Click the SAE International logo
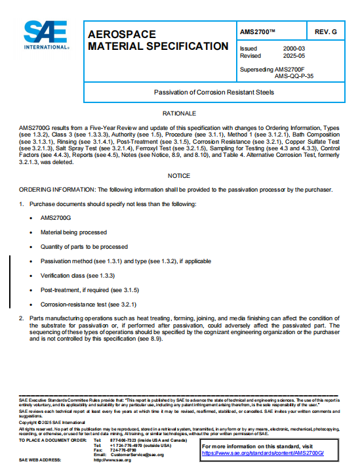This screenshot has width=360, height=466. point(47,36)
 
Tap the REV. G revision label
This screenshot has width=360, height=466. point(325,32)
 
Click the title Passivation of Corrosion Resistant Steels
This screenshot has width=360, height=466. point(214,93)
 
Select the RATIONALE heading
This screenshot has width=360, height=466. point(179,114)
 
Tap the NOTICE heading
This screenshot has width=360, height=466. point(179,176)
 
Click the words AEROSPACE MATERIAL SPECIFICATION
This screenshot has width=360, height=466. point(158,40)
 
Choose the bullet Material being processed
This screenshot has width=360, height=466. point(73,232)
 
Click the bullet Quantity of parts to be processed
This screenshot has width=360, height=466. point(83,247)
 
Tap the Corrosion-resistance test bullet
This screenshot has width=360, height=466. point(88,305)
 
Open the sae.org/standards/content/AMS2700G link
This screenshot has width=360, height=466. point(262,454)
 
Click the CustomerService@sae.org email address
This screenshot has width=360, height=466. point(138,454)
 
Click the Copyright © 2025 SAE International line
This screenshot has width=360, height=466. point(49,422)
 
